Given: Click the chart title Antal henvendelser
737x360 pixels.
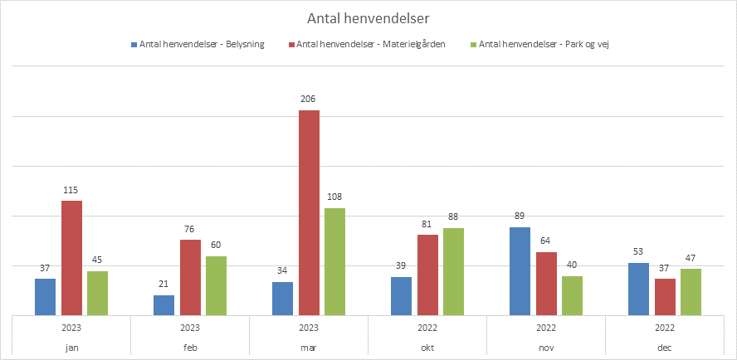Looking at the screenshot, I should (x=368, y=17).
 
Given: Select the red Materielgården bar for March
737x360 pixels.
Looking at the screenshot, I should (x=309, y=212).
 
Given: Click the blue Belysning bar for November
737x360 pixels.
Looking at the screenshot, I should (x=520, y=271).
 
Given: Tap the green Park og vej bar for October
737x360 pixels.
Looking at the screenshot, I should (x=454, y=271).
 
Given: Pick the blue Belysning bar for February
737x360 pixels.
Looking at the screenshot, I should (x=164, y=305).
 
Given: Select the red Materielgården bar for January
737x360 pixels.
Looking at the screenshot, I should (x=71, y=258).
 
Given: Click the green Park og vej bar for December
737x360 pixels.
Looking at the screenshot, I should (x=691, y=292).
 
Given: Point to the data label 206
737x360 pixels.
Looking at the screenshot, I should (x=309, y=99).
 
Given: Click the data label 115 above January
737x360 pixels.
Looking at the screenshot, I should (x=71, y=189).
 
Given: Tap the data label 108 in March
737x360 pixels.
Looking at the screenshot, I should (x=334, y=197).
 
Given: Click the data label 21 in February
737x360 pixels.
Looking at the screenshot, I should (x=164, y=284).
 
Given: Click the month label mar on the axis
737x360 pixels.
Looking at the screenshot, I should (x=309, y=348).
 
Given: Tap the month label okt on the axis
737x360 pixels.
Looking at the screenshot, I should (x=427, y=348).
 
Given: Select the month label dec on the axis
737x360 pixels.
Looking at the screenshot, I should (x=665, y=348).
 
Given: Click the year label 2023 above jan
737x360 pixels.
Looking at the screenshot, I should (x=71, y=328).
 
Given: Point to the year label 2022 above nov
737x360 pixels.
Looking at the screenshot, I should (x=546, y=328).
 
